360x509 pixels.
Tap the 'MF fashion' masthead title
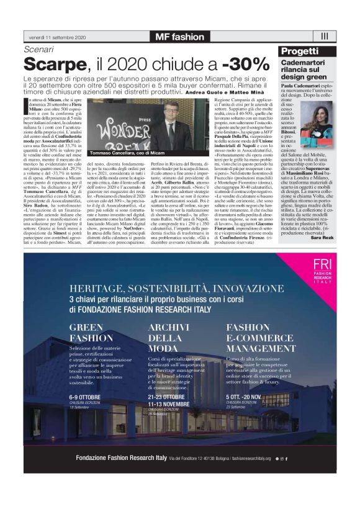[179, 37]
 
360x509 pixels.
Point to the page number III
[324, 37]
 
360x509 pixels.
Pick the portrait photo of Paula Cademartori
[318, 119]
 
